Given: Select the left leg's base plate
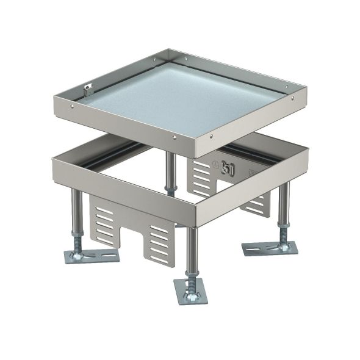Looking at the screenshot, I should pos(92,254).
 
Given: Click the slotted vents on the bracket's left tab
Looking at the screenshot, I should pos(105,223).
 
